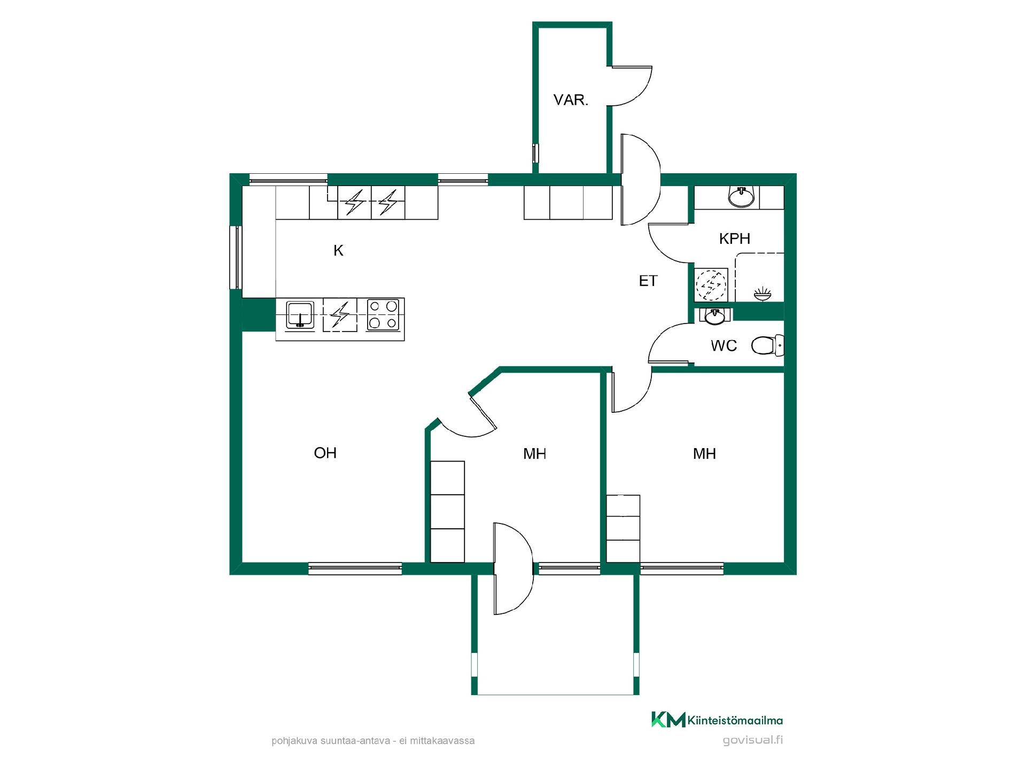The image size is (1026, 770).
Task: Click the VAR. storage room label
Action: pyautogui.click(x=571, y=100)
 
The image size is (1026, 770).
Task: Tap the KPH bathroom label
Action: pyautogui.click(x=735, y=238)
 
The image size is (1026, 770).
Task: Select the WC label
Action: pyautogui.click(x=724, y=346)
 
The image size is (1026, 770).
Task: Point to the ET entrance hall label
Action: pyautogui.click(x=648, y=281)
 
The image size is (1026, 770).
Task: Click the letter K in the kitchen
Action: pyautogui.click(x=338, y=250)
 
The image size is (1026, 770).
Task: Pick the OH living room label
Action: pyautogui.click(x=325, y=453)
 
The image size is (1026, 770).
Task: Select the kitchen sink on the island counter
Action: pyautogui.click(x=300, y=314)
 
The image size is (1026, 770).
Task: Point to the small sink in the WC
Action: pyautogui.click(x=715, y=316)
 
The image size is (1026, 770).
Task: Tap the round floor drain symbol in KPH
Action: pyautogui.click(x=711, y=284)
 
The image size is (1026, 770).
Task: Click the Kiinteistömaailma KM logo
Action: pyautogui.click(x=717, y=720)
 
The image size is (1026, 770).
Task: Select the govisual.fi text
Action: pyautogui.click(x=753, y=741)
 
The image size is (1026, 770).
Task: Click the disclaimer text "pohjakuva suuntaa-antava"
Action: pyautogui.click(x=332, y=741)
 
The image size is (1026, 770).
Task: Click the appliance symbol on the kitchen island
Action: pyautogui.click(x=340, y=314)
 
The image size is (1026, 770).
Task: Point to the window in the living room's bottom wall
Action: pyautogui.click(x=355, y=568)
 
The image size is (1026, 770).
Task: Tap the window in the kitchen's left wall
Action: pyautogui.click(x=236, y=257)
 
